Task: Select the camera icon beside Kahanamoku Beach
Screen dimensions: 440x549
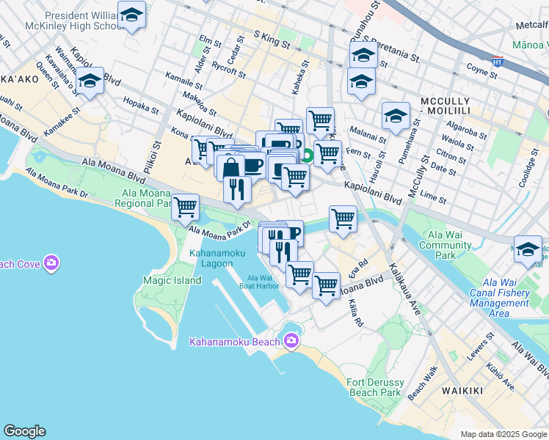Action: [292, 340]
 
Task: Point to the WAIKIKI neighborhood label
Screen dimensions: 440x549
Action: [462, 391]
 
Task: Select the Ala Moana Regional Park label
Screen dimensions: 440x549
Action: [143, 198]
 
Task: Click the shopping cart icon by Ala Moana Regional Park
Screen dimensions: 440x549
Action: [186, 207]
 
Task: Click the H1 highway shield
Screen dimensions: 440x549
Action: [497, 62]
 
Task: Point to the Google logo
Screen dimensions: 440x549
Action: [24, 431]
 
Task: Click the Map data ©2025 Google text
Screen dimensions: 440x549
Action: [503, 434]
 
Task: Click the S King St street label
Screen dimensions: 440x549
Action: [272, 40]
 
